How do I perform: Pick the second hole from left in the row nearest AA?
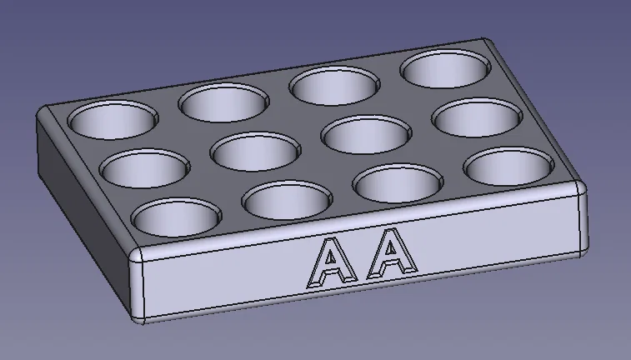pyautogui.click(x=287, y=201)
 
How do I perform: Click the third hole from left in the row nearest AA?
pyautogui.click(x=398, y=182)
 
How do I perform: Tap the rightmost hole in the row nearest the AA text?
pyautogui.click(x=508, y=167)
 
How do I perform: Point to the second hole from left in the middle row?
pyautogui.click(x=254, y=151)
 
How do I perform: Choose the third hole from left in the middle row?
pyautogui.click(x=364, y=133)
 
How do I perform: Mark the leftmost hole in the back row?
pyautogui.click(x=112, y=120)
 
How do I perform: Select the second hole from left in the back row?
pyautogui.click(x=223, y=102)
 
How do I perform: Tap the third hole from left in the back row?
pyautogui.click(x=333, y=86)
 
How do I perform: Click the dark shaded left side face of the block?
pyautogui.click(x=79, y=200)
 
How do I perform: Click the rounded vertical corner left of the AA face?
pyautogui.click(x=136, y=287)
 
